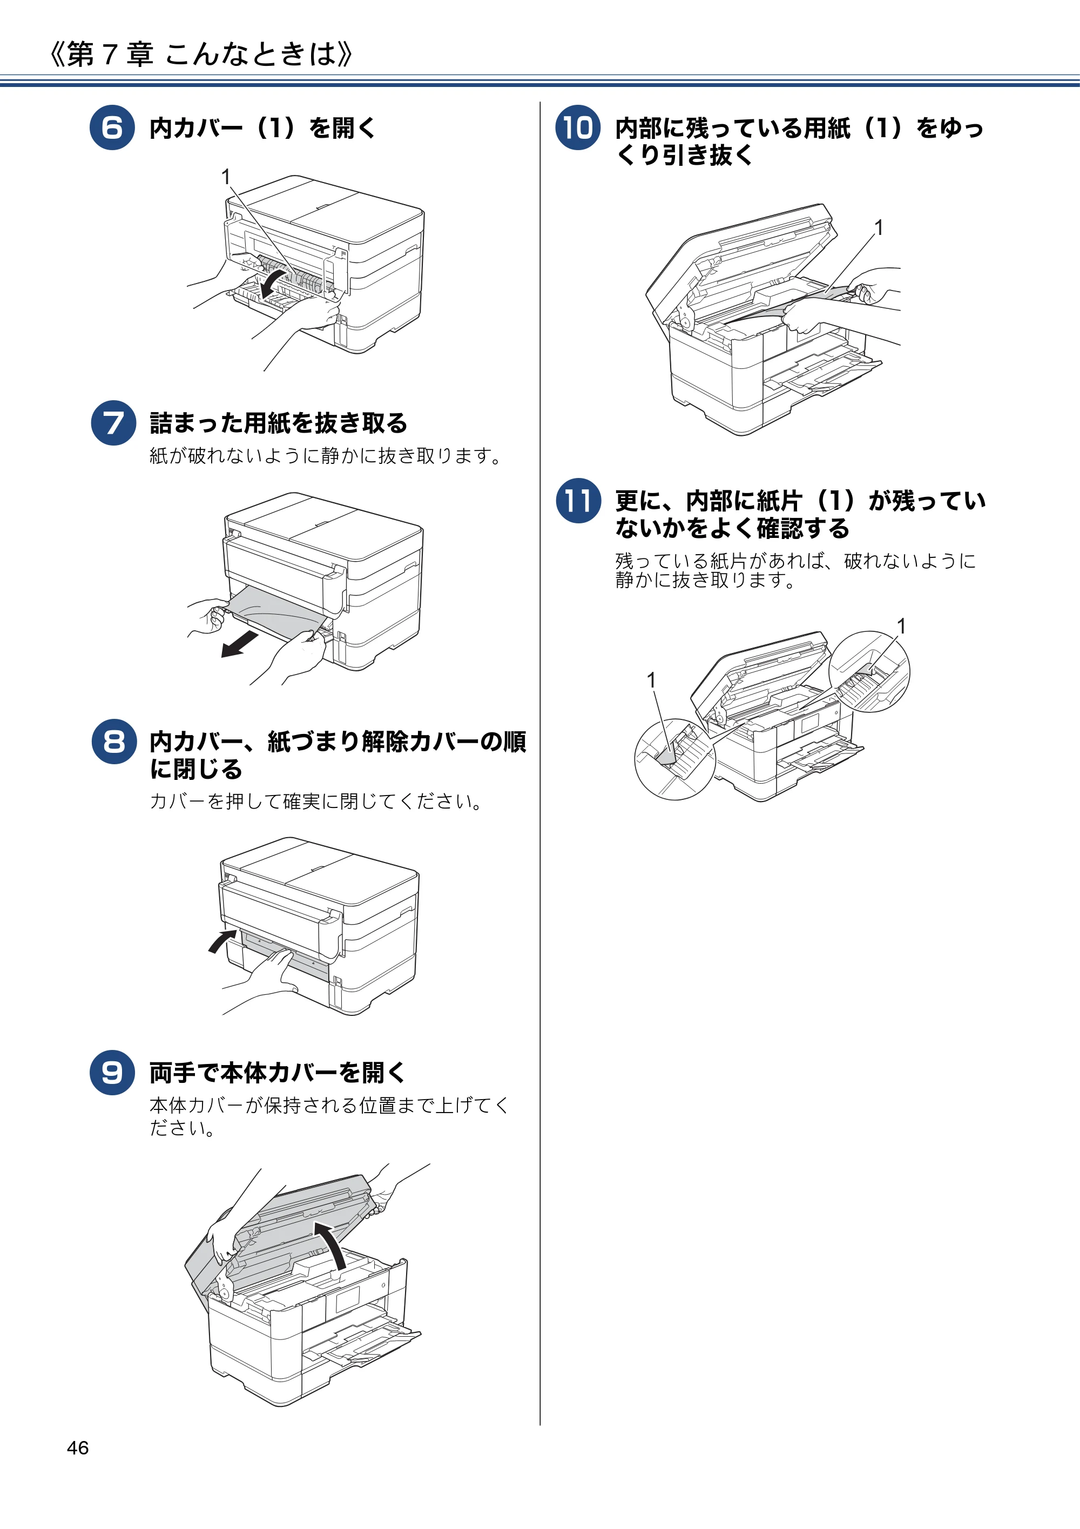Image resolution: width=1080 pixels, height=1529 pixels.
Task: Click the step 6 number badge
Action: [x=112, y=127]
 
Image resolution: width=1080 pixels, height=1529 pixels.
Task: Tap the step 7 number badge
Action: [x=114, y=423]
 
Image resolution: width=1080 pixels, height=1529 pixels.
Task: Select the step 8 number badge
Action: [x=114, y=741]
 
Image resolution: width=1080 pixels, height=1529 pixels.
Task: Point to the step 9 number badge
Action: [x=112, y=1072]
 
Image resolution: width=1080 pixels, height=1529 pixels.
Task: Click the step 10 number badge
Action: [x=578, y=127]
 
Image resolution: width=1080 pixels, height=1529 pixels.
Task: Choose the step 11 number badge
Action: [x=578, y=500]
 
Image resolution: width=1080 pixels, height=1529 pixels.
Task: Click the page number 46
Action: [x=78, y=1448]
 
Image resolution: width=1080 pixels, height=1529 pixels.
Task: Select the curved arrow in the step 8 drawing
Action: [x=222, y=941]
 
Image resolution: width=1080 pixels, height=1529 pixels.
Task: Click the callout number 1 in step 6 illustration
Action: [x=226, y=177]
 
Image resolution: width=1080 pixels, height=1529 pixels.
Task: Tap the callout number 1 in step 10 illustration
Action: [x=879, y=228]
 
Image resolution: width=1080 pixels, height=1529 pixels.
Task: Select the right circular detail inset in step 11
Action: [x=869, y=671]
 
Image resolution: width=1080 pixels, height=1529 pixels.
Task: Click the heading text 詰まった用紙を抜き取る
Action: [x=278, y=423]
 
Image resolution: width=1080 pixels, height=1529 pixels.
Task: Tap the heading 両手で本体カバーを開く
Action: [x=278, y=1072]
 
